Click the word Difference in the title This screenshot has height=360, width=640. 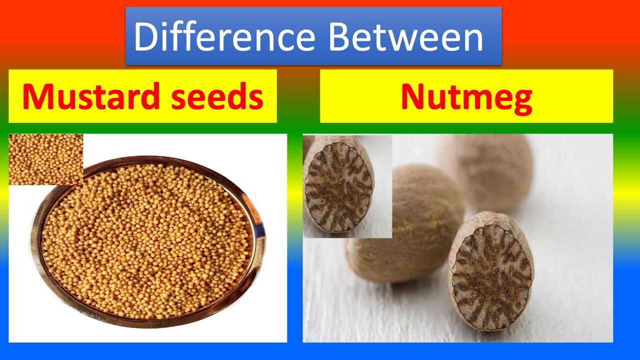[x=224, y=37]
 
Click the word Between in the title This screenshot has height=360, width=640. [x=405, y=37]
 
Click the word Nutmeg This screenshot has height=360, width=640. [x=466, y=97]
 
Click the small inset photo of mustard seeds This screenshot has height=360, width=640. [x=45, y=159]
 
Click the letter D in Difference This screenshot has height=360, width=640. [x=145, y=37]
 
